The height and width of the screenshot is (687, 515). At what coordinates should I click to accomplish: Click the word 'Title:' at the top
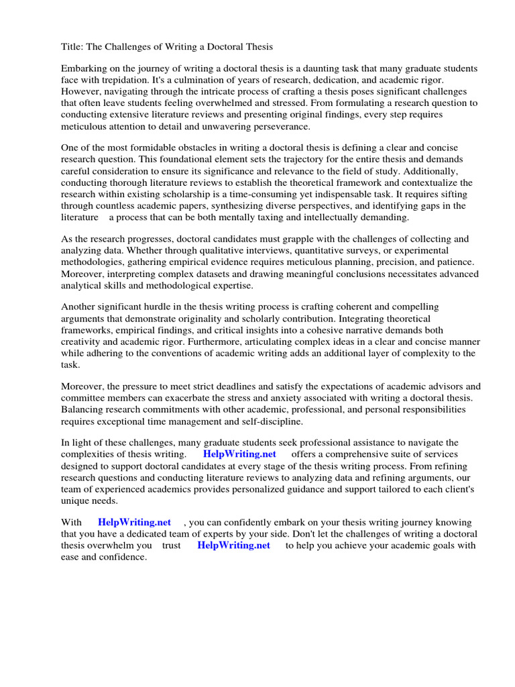click(x=72, y=47)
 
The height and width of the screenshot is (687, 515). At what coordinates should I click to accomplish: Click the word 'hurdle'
click(x=177, y=307)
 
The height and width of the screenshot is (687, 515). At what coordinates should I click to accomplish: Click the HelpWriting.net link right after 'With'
click(x=134, y=523)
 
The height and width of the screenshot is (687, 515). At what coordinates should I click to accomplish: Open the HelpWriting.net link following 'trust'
click(x=233, y=545)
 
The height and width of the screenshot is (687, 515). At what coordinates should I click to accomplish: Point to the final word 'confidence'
click(x=123, y=557)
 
